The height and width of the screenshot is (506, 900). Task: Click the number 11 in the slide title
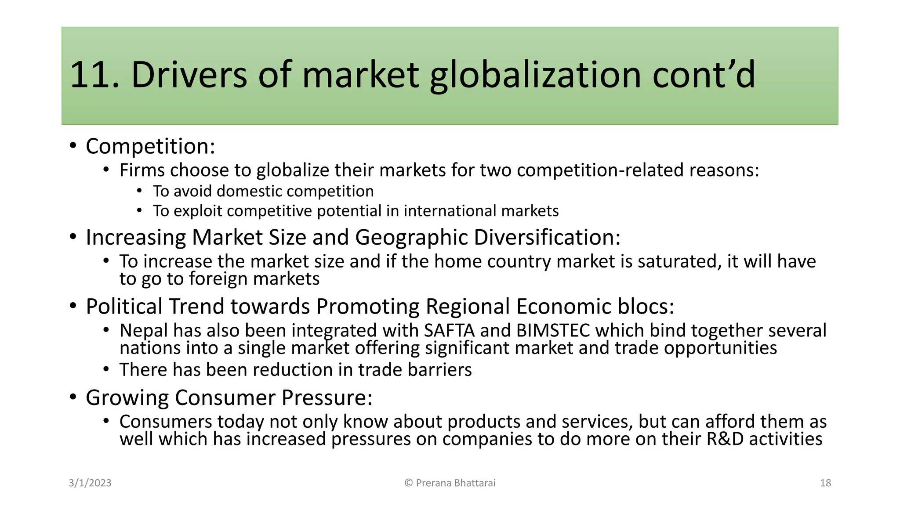(x=90, y=75)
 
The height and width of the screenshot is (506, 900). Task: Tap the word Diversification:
(x=547, y=238)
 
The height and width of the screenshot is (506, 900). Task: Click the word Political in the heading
(x=124, y=307)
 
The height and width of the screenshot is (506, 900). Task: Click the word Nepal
(x=144, y=331)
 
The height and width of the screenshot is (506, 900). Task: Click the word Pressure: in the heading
(x=327, y=398)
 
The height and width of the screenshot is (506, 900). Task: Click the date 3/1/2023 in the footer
(x=90, y=483)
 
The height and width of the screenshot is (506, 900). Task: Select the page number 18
(x=825, y=483)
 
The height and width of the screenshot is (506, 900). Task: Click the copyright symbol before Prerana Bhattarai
(x=409, y=483)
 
